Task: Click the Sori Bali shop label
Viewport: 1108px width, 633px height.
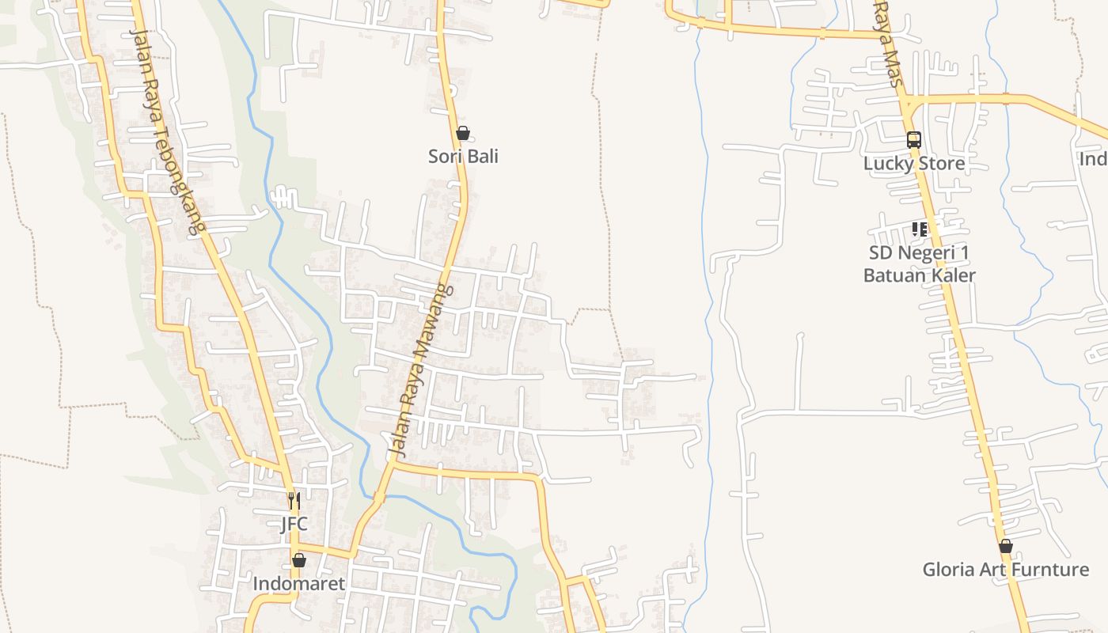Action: pos(463,156)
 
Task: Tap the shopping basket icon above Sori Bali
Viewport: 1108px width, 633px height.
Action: pos(463,133)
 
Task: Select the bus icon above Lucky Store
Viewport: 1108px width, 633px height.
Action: pos(914,140)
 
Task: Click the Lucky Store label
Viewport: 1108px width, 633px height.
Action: pos(914,164)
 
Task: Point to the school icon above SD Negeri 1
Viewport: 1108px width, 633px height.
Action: pos(919,229)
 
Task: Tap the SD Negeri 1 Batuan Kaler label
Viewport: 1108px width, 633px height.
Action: pos(919,264)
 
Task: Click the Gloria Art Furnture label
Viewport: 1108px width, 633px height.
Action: pos(1005,570)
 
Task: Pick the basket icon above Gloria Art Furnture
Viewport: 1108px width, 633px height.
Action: pos(1005,546)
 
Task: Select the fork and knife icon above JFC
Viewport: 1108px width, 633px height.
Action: pos(294,500)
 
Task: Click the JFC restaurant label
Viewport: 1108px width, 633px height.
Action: pos(294,524)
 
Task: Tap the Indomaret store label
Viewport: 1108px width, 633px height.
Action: pos(299,584)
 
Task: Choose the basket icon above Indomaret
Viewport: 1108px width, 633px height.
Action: pos(299,560)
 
